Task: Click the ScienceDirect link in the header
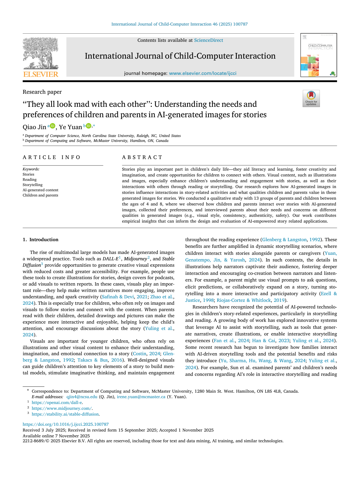click(x=208, y=40)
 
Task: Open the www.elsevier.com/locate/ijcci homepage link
click(x=202, y=73)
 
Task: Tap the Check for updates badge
click(x=311, y=98)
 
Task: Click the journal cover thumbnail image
click(x=318, y=55)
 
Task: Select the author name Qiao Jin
click(x=34, y=127)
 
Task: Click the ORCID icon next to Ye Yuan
click(x=88, y=126)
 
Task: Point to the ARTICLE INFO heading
click(x=52, y=157)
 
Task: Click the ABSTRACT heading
click(x=142, y=157)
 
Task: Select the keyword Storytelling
click(x=32, y=185)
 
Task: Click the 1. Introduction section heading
click(x=41, y=240)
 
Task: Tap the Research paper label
click(x=42, y=92)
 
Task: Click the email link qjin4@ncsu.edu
click(x=82, y=397)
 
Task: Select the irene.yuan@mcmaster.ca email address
click(x=141, y=397)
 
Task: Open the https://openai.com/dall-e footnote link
click(x=57, y=403)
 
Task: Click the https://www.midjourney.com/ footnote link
click(x=61, y=409)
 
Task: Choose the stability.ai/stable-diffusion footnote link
click(x=65, y=414)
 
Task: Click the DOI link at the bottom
click(x=66, y=425)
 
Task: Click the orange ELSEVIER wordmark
click(x=41, y=74)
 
